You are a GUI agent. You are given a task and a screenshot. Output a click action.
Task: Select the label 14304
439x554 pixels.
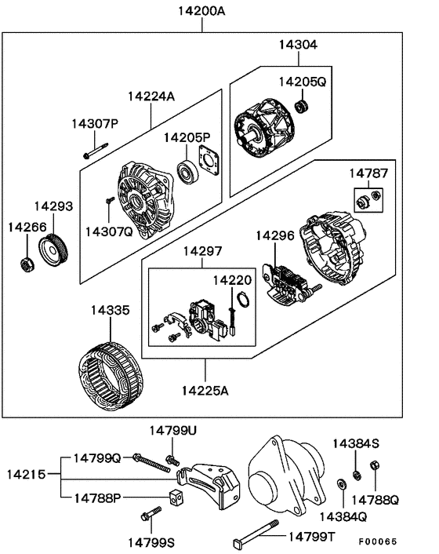click(297, 46)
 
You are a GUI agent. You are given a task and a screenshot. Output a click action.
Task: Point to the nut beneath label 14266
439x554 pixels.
click(26, 263)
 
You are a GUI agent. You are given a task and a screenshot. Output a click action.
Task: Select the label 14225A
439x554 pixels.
click(205, 390)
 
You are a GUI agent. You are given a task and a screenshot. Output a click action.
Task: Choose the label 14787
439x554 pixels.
click(368, 173)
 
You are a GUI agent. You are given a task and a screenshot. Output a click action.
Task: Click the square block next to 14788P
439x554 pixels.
click(176, 496)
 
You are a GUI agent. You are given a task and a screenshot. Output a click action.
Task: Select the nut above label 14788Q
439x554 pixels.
click(374, 467)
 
